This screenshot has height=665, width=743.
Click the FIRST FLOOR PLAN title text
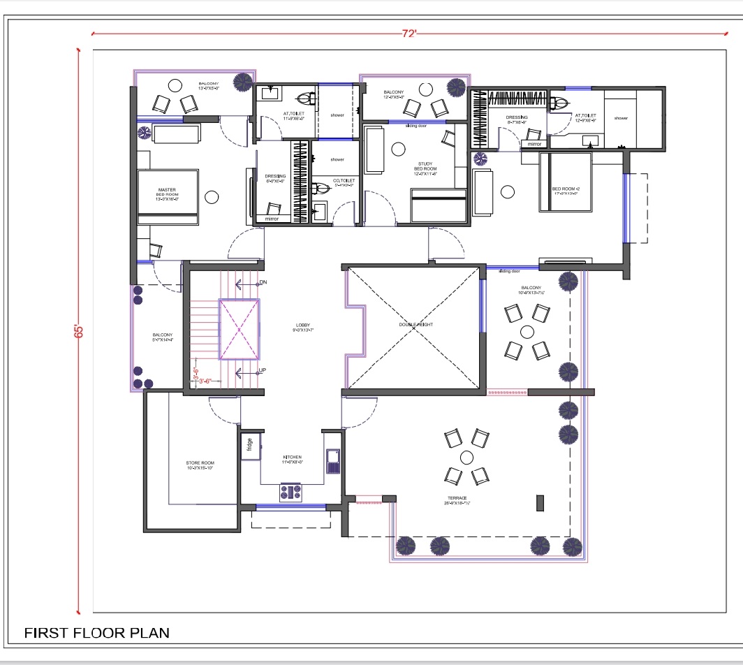[97, 633]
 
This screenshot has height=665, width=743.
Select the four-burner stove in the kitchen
[290, 492]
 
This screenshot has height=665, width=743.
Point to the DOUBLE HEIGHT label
[415, 325]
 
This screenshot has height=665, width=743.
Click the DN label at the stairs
[263, 283]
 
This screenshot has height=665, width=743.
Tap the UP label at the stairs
[263, 370]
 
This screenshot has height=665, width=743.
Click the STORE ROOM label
[200, 465]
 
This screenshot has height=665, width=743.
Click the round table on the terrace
[466, 458]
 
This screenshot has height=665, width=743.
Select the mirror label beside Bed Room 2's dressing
[534, 144]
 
